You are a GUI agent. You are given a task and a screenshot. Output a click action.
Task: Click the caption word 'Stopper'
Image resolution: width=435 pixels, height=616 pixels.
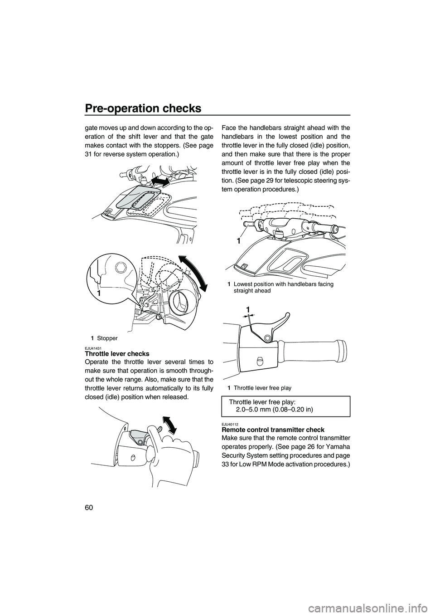coord(107,338)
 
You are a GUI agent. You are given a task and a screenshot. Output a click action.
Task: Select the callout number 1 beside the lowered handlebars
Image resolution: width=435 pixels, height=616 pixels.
coord(237,241)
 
